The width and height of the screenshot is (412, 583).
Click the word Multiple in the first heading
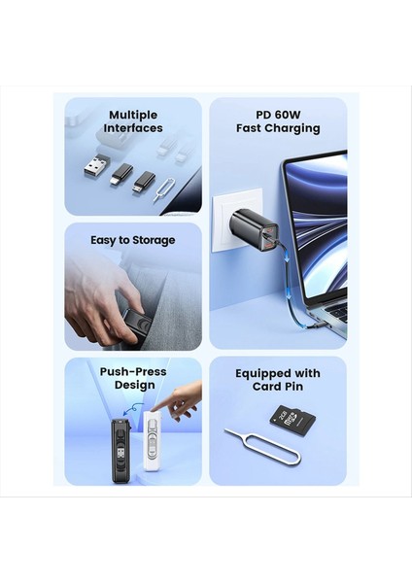coord(133,115)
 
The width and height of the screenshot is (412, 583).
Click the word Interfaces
coord(133,128)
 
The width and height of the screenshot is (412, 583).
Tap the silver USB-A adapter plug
coord(96,166)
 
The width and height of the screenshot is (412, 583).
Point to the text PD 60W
coord(278,115)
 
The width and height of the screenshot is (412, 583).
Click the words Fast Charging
coord(278,128)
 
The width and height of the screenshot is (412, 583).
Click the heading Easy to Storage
coord(133,240)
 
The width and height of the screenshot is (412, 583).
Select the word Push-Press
coord(133,371)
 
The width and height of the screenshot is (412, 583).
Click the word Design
coord(133,385)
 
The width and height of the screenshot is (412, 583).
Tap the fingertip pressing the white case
coord(160,413)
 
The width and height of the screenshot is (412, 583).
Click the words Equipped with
coord(278,373)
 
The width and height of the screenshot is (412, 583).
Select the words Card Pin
coord(278,387)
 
